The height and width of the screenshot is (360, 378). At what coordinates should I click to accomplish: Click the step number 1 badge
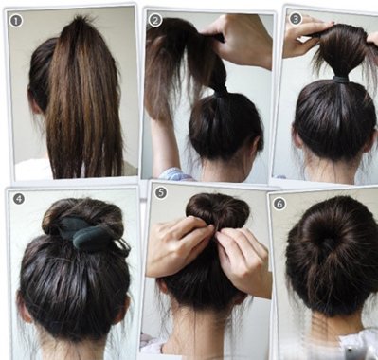click(x=16, y=21)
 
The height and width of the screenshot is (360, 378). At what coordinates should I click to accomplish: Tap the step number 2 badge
click(x=155, y=21)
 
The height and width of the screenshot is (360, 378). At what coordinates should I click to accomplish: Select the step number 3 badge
click(x=296, y=19)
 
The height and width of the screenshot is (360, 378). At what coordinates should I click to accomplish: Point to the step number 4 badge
click(x=19, y=199)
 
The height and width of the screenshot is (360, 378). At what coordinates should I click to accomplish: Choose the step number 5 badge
click(x=161, y=192)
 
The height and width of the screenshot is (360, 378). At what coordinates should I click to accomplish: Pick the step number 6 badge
click(x=279, y=204)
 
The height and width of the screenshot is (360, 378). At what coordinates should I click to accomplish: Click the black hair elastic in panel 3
click(x=341, y=80)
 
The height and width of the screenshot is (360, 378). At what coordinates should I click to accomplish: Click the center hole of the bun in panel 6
click(x=329, y=243)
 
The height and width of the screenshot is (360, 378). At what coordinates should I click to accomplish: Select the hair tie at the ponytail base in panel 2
click(x=220, y=89)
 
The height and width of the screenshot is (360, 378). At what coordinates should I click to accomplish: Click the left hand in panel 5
click(x=180, y=247)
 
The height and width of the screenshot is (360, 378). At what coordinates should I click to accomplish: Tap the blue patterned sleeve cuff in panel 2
click(x=174, y=174)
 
